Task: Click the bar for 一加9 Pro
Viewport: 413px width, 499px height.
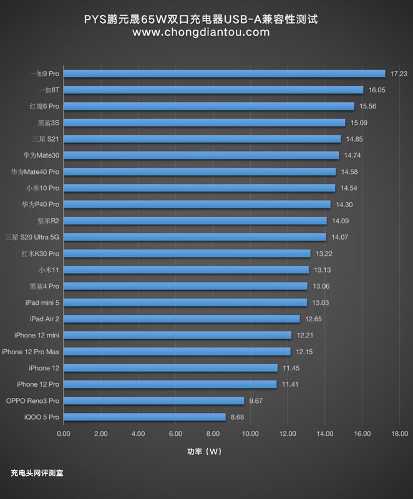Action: pos(225,74)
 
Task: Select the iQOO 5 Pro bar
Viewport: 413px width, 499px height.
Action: pos(145,417)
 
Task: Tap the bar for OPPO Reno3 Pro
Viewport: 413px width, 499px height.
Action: pos(154,400)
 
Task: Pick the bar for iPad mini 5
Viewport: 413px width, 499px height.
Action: pos(185,303)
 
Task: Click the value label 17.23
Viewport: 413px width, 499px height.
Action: pos(399,74)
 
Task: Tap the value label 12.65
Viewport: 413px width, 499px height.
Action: pos(313,319)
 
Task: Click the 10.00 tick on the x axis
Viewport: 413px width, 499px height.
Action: pos(250,434)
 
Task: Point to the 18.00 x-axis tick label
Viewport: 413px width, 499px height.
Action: pos(399,434)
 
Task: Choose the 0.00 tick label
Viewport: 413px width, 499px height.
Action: pos(64,434)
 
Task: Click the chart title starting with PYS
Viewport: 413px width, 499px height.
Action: pos(201,19)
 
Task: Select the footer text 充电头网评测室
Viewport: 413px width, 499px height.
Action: pos(37,473)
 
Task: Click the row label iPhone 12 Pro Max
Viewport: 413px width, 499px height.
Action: pos(31,352)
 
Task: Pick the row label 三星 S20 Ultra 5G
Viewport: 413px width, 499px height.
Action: pos(32,237)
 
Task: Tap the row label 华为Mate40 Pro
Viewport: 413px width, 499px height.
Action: pos(35,172)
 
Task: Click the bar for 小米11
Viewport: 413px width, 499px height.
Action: pos(187,270)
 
